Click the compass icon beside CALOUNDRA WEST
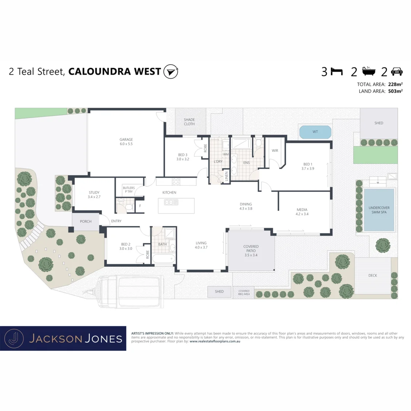click(x=170, y=72)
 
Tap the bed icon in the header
click(x=337, y=71)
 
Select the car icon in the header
click(x=397, y=71)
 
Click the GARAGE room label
click(x=126, y=140)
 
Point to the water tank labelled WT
click(x=315, y=132)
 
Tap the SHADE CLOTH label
click(x=189, y=122)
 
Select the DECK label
click(x=373, y=275)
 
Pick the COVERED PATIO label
click(x=251, y=247)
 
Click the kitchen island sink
click(x=171, y=202)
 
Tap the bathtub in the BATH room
click(x=164, y=259)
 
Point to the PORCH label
click(x=86, y=221)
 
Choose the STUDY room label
click(x=94, y=193)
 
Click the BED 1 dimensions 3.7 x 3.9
click(x=307, y=169)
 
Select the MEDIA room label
click(x=302, y=210)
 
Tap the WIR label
click(x=275, y=151)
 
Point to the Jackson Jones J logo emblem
click(x=13, y=338)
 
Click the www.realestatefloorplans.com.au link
click(x=215, y=341)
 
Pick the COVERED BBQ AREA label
click(x=244, y=293)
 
